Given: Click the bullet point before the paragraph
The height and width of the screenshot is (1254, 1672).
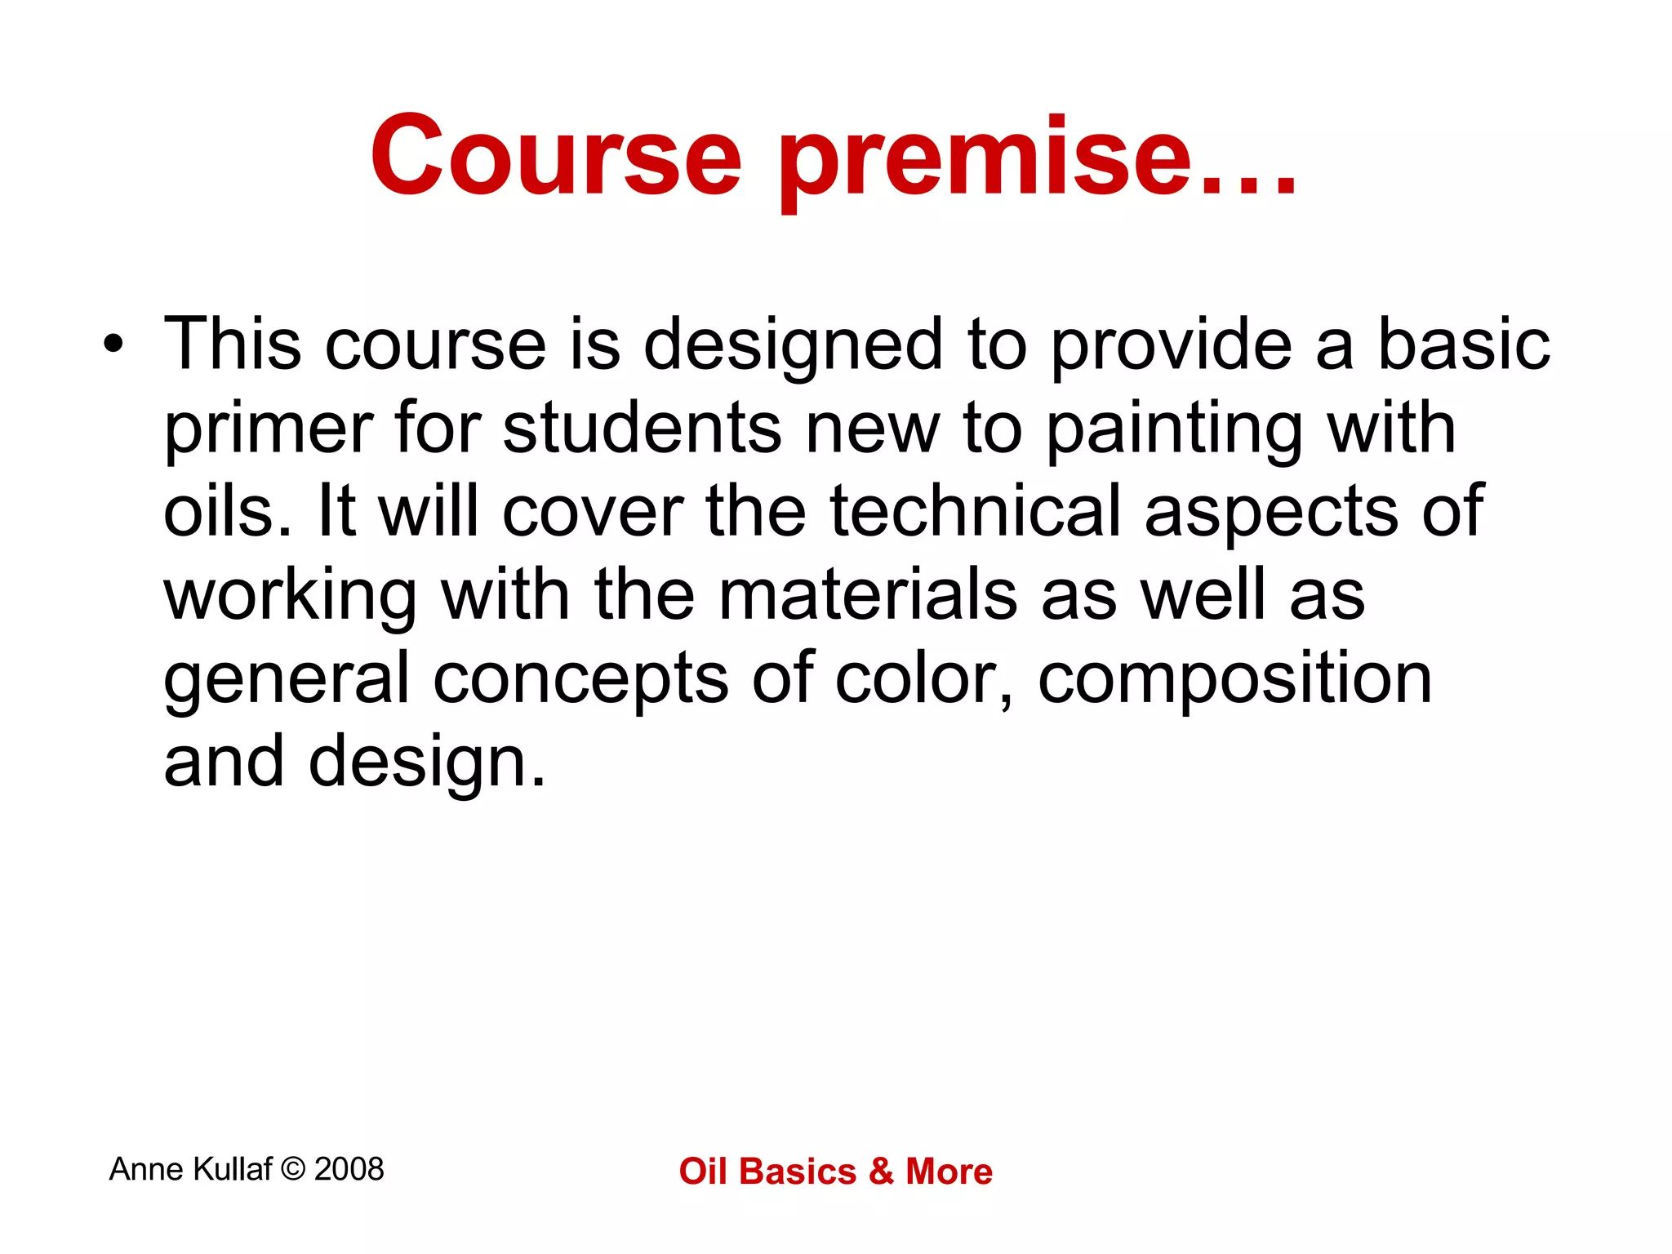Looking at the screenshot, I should coord(113,344).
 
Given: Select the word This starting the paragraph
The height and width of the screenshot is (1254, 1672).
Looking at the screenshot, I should coord(233,344).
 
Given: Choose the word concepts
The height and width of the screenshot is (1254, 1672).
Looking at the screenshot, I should coord(580,678).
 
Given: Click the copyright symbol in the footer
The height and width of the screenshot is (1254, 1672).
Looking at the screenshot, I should coord(292,1169).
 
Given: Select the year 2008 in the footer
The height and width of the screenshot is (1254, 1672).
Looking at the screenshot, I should coord(349,1169).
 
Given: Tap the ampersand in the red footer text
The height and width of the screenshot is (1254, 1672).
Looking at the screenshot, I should coord(881,1172).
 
